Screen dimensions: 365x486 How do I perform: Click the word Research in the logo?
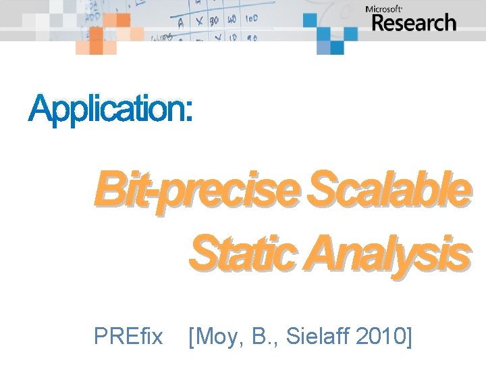(x=414, y=23)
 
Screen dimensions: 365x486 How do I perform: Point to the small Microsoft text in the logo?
(x=384, y=9)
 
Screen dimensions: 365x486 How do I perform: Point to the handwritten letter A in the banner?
(x=181, y=22)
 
